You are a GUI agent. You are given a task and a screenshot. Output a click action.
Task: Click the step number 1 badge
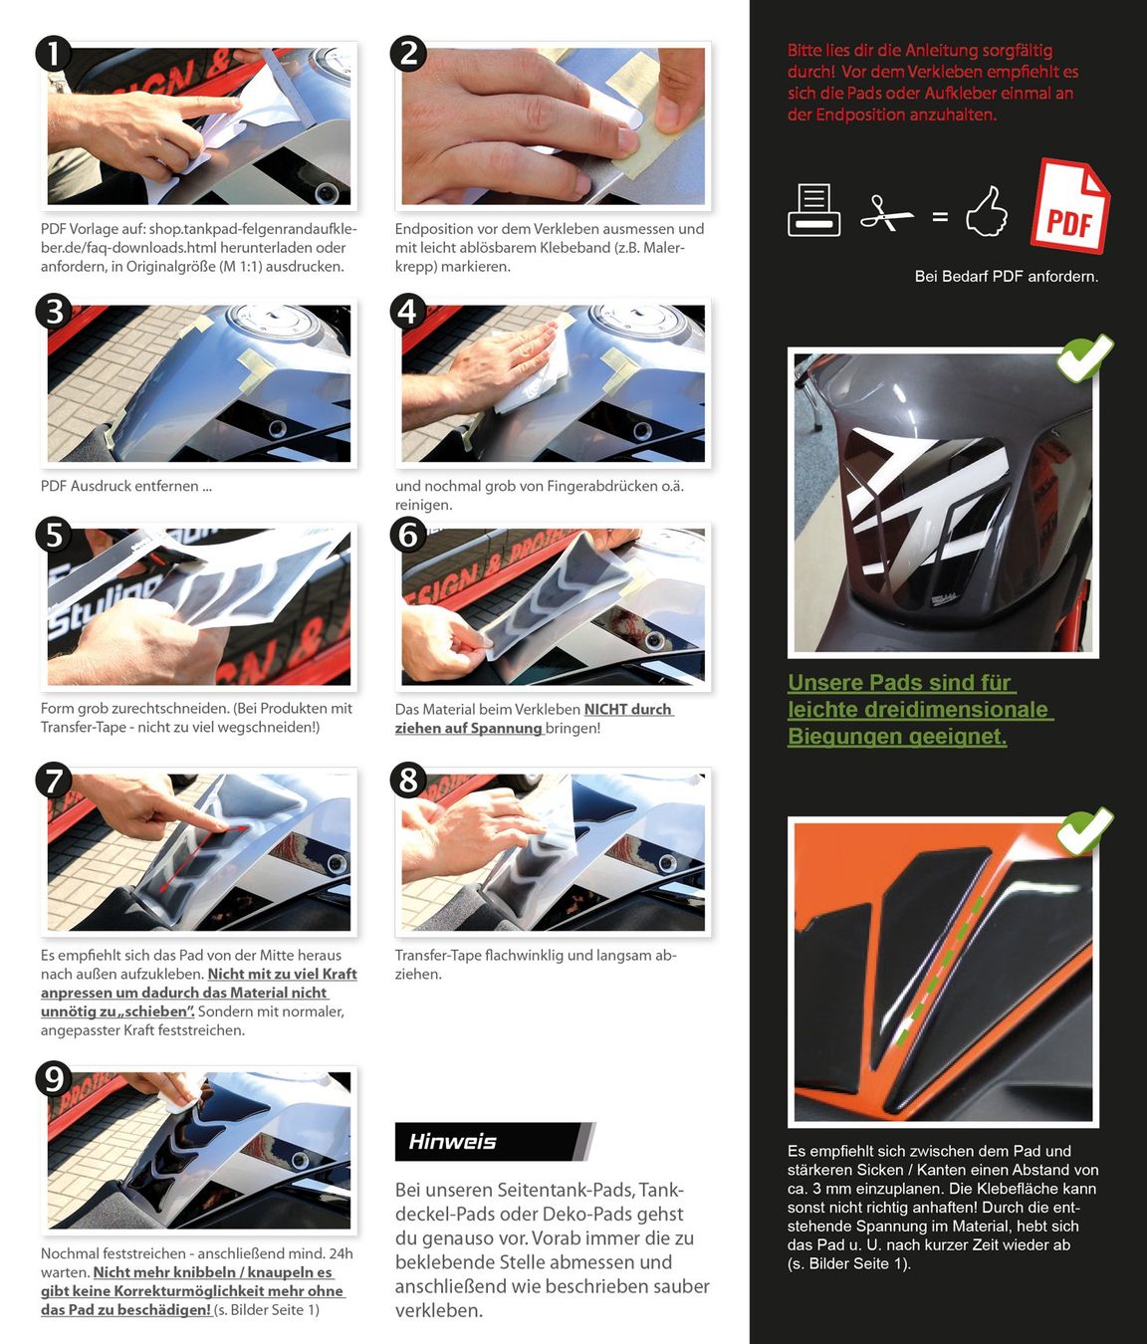54,54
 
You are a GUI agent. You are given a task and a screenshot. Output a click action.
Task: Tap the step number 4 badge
407,312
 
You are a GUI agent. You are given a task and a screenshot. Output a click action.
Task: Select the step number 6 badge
407,536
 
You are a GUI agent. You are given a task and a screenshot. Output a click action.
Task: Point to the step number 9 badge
54,1080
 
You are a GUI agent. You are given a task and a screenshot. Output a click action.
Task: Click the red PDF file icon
1070,205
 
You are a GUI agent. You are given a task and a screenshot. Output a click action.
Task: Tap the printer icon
813,209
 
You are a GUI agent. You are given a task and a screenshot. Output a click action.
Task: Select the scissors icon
886,213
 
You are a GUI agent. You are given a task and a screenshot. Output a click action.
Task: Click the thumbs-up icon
987,211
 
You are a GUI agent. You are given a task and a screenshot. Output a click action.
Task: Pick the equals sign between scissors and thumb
940,216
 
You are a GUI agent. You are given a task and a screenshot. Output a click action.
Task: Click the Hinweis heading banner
494,1141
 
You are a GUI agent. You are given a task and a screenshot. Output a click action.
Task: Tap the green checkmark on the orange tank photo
1084,830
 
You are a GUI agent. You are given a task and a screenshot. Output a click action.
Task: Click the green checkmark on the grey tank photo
1084,357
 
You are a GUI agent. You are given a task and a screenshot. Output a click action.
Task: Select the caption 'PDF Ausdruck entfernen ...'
126,486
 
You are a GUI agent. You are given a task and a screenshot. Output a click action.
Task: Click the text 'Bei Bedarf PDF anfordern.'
1007,277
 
